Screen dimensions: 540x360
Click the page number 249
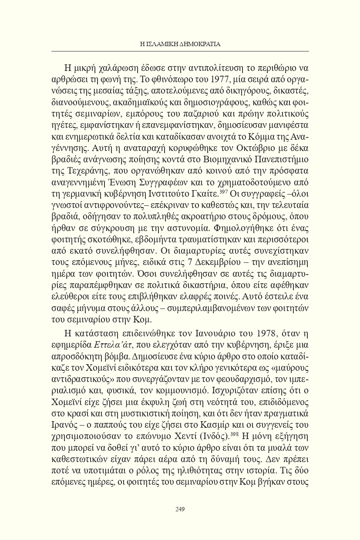[x=180, y=508]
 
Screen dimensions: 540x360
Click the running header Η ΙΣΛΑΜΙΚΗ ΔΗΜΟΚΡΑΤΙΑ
[x=180, y=44]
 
